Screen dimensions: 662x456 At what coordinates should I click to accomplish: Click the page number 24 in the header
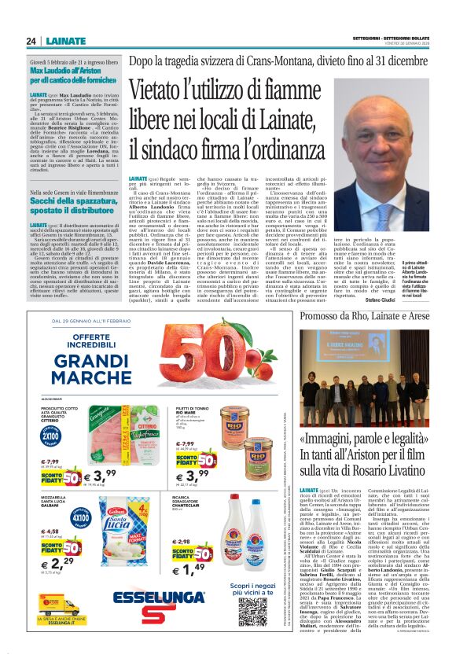pos(31,41)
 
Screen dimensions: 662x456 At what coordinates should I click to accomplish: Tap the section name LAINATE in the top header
pos(66,41)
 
